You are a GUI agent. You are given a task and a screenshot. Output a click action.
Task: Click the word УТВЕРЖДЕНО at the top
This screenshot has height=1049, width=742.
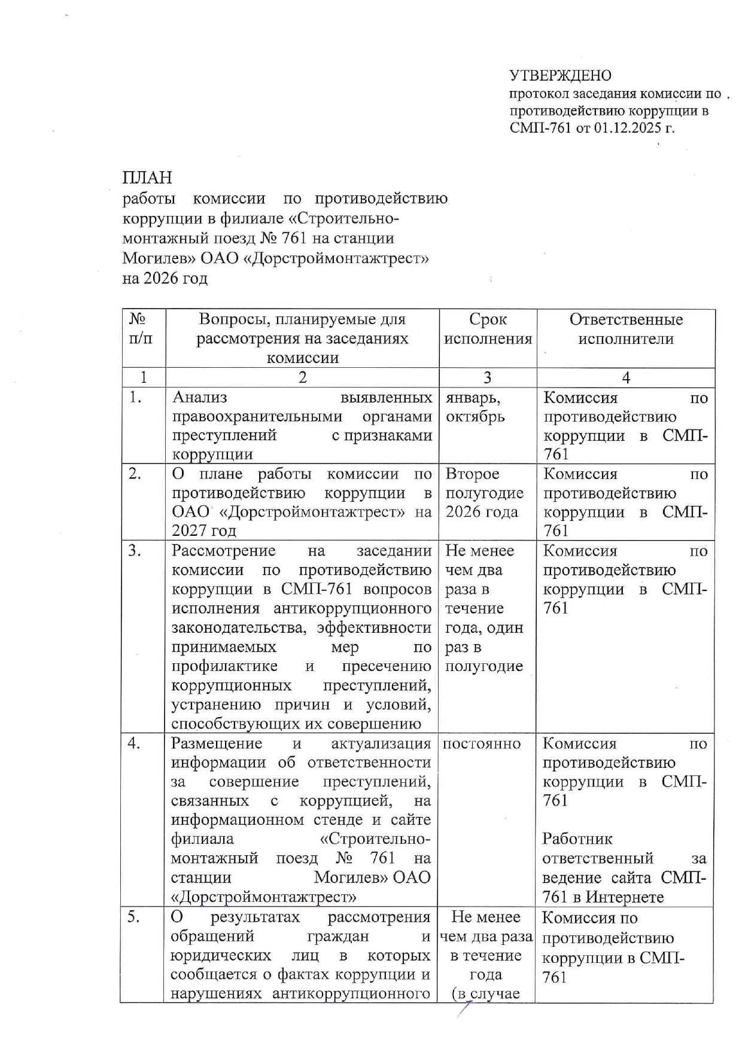[x=560, y=76]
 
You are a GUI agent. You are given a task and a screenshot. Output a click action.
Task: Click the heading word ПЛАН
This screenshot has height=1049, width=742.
[x=147, y=178]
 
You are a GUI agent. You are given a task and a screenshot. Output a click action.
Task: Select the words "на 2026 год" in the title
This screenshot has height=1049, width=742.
[x=165, y=279]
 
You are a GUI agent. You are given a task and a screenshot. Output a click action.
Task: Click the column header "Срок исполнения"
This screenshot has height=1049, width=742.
[x=488, y=329]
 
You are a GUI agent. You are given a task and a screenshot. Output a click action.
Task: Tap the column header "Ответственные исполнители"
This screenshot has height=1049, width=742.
[x=625, y=329]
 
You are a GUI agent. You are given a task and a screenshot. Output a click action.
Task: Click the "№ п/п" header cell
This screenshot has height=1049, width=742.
[x=142, y=329]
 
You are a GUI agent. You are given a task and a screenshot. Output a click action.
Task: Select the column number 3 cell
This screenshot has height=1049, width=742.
[x=487, y=377]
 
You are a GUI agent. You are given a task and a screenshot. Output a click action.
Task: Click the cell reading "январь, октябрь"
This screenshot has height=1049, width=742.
[x=475, y=407]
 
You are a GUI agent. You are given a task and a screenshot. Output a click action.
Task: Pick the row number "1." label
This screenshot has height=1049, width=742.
[x=135, y=397]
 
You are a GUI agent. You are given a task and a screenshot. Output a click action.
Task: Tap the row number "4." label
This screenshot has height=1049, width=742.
[x=135, y=743]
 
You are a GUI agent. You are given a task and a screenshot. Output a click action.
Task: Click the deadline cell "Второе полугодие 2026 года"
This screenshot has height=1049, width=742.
[x=484, y=493]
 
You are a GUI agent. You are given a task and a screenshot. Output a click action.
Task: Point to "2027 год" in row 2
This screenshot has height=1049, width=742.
[x=203, y=531]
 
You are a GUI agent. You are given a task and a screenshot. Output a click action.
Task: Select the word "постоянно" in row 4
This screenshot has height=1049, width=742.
[x=481, y=743]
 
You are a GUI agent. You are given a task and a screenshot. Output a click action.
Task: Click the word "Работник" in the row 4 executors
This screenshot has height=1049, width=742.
[x=577, y=839]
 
